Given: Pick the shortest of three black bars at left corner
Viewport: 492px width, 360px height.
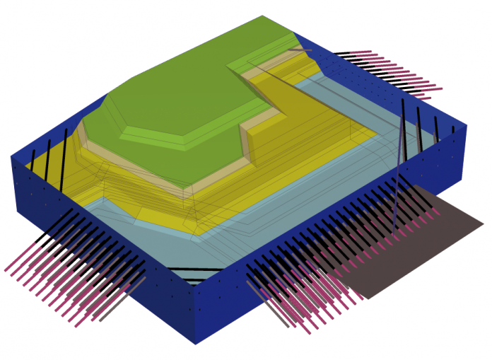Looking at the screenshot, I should [x=31, y=157].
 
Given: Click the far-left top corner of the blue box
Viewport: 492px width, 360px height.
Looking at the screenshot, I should [x=12, y=157].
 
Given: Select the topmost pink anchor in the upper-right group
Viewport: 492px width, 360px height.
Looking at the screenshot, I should [x=353, y=52].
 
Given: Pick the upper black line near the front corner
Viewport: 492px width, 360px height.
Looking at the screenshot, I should [x=194, y=269].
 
